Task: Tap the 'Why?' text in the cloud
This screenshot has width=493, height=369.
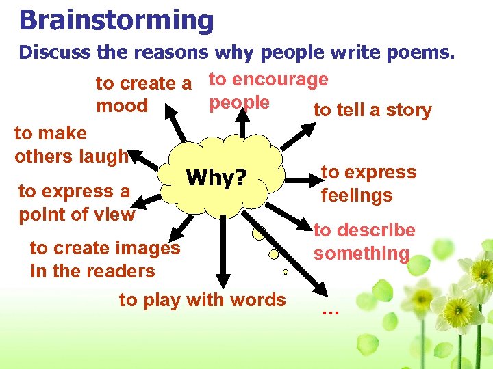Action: (216, 178)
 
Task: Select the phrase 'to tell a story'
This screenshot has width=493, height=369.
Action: (372, 111)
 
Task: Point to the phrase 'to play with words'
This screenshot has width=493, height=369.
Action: (203, 300)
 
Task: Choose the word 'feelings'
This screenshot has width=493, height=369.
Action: (357, 196)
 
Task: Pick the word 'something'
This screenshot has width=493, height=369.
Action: (362, 254)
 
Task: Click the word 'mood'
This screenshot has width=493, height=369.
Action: (122, 107)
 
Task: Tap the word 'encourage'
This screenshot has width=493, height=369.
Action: (281, 80)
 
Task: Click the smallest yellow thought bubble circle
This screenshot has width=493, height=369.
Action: (286, 271)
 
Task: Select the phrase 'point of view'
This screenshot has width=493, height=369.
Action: (77, 215)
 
